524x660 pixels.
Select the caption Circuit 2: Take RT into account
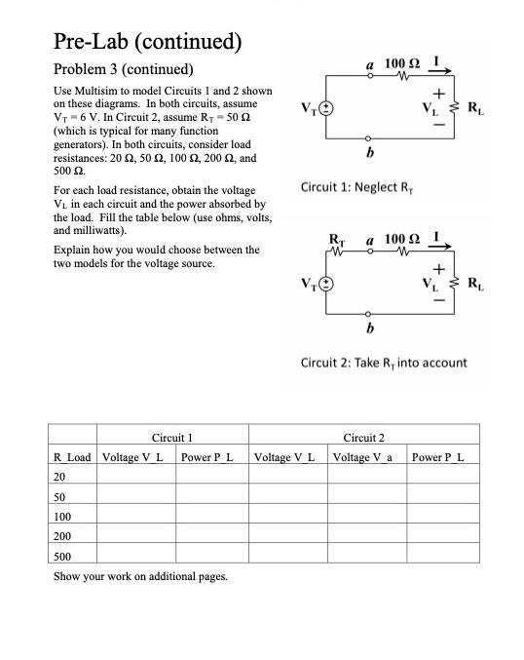(384, 363)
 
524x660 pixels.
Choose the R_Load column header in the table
(72, 456)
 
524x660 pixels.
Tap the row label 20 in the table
(60, 478)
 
